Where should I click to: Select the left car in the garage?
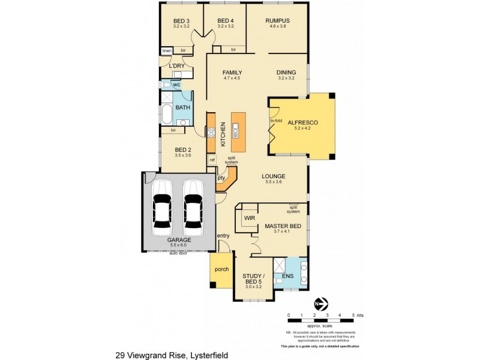(162, 208)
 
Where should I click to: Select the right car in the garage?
(193, 208)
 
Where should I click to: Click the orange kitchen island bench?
(237, 130)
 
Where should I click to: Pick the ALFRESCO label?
(302, 122)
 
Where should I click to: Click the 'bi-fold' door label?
(276, 121)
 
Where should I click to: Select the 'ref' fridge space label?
(212, 160)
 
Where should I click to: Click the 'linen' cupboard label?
(167, 50)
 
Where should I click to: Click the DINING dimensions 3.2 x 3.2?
(286, 78)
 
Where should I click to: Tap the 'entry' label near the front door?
(223, 236)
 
